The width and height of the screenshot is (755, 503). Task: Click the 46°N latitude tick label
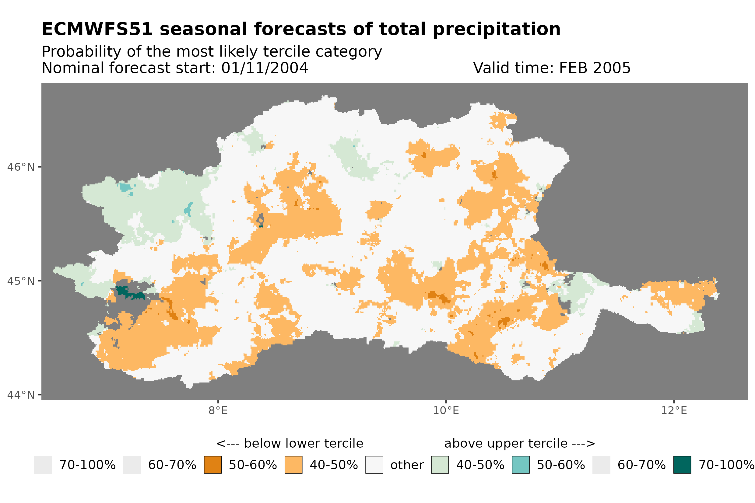coord(20,167)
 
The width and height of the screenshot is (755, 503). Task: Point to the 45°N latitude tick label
coord(20,281)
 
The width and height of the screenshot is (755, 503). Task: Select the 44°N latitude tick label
coord(20,395)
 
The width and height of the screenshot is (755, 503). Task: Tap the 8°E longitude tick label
coord(218,410)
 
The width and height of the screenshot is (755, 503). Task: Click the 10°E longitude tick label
coord(446,410)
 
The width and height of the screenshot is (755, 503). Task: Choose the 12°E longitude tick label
coord(673,410)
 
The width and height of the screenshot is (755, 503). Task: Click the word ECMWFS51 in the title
coord(97,29)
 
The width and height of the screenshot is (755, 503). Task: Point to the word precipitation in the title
coord(496,29)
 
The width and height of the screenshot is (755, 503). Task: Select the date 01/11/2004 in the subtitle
coord(264,68)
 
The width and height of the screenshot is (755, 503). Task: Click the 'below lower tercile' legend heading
coord(289,444)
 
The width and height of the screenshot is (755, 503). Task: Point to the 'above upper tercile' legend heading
coord(519,444)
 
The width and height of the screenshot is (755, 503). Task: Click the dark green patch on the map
coord(124,291)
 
